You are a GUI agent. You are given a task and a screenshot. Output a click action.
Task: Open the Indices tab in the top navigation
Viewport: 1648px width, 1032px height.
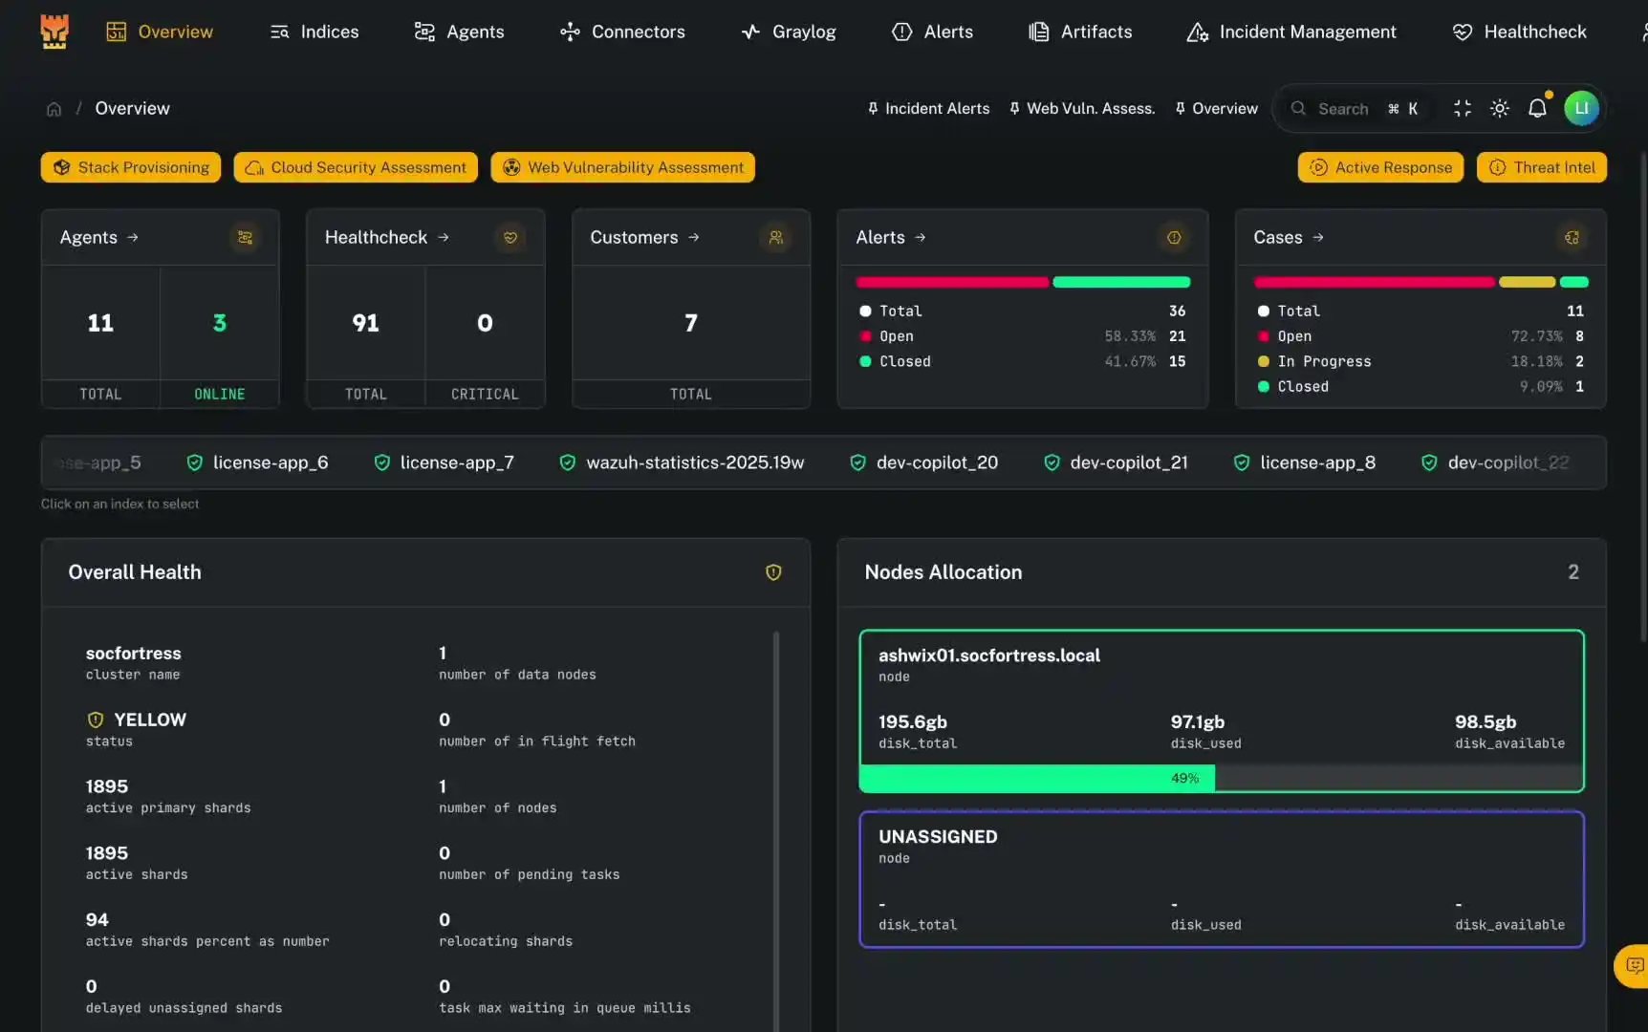[314, 32]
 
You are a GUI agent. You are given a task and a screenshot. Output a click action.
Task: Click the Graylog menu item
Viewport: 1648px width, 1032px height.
[789, 32]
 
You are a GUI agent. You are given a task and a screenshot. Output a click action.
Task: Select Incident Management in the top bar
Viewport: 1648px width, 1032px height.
[1291, 32]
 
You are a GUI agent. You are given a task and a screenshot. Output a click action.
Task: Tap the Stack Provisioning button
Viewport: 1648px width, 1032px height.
[131, 167]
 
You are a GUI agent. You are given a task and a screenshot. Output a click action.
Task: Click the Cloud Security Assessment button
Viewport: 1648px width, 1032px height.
[357, 167]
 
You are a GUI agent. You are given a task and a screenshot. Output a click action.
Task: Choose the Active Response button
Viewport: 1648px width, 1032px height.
[1380, 167]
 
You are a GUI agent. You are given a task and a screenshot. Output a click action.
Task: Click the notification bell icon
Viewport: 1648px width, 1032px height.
[1537, 108]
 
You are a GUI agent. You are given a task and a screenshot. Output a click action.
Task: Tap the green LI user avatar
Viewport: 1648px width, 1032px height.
[1581, 108]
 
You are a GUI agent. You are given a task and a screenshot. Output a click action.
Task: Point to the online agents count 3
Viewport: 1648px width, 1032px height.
[220, 323]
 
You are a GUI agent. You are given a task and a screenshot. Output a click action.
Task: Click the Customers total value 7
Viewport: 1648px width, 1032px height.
[691, 323]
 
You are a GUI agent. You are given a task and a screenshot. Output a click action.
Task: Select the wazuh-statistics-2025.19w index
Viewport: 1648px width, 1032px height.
[682, 462]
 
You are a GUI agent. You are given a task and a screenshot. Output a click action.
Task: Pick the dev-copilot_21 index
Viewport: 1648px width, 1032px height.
[1116, 462]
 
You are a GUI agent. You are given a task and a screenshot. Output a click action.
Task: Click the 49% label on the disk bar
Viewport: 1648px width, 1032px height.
[1184, 779]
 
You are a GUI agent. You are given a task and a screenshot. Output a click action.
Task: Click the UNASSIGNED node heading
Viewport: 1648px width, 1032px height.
[938, 836]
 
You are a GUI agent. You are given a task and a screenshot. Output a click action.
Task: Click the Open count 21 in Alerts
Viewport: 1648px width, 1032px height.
[1177, 336]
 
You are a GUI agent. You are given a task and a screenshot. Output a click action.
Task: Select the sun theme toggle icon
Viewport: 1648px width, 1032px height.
[1500, 108]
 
